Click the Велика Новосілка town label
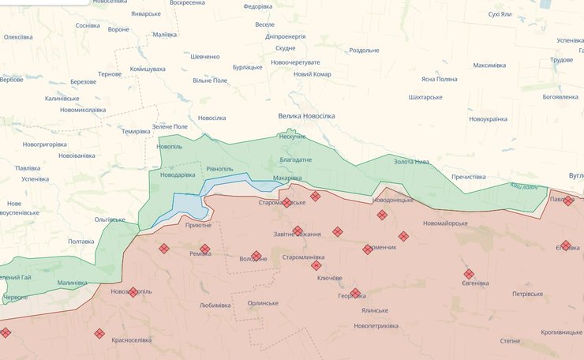306,116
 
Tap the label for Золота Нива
413,162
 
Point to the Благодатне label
296,159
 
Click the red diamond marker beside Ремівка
205,249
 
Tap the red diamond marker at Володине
256,256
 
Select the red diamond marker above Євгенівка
469,274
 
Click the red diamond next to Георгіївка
355,294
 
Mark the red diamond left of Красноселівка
99,334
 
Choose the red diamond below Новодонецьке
382,215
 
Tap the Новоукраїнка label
488,118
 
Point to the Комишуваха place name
148,69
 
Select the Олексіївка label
18,37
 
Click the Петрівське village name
527,294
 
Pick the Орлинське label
263,303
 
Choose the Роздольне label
364,51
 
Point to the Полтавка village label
81,242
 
